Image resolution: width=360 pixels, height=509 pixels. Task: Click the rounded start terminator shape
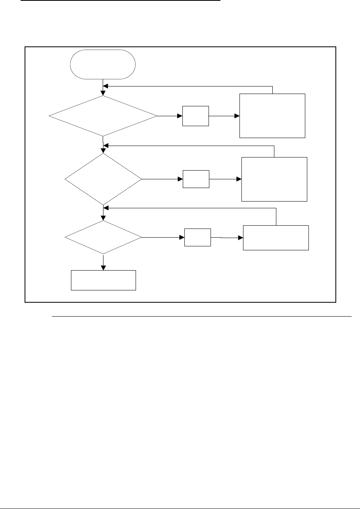click(103, 64)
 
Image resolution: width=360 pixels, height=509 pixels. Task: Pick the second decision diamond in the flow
click(103, 179)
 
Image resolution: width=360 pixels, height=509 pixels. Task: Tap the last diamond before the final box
click(103, 237)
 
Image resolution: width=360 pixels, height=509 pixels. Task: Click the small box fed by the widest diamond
click(195, 116)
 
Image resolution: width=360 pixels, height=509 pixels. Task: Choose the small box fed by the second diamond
click(196, 179)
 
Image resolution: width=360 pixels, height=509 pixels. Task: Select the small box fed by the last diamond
click(197, 237)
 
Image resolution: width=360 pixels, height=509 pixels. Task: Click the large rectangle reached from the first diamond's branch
click(272, 115)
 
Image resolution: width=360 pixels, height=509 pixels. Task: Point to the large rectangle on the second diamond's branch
click(274, 179)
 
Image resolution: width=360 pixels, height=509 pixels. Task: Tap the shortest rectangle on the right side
click(276, 238)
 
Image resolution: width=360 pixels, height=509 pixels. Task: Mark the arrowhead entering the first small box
click(180, 116)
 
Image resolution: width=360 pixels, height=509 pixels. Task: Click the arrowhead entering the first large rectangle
click(237, 116)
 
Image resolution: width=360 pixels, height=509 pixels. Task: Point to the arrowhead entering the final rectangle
click(103, 267)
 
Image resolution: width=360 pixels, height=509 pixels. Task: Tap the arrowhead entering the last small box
click(182, 238)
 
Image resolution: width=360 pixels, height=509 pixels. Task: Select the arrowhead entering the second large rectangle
click(239, 179)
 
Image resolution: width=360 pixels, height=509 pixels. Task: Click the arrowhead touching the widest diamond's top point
click(103, 93)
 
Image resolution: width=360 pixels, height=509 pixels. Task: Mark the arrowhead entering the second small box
click(180, 179)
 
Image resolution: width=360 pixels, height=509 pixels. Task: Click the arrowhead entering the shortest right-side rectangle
click(240, 238)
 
